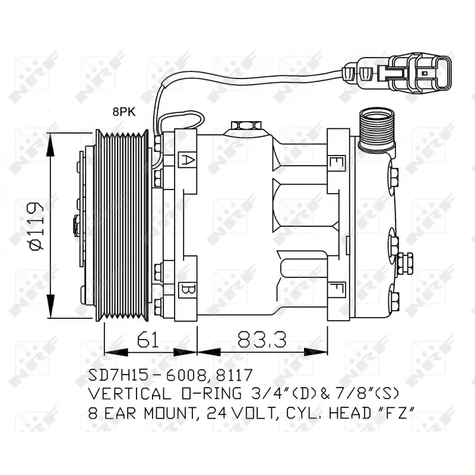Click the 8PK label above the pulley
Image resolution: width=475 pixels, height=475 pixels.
[x=123, y=111]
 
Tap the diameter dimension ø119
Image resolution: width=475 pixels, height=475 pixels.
[x=36, y=226]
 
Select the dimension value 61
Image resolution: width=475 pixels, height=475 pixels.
[x=149, y=340]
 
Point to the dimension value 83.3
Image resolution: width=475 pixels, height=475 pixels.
[x=262, y=340]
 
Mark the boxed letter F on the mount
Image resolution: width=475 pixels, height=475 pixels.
[x=336, y=290]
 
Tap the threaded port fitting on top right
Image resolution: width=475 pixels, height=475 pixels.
[x=375, y=129]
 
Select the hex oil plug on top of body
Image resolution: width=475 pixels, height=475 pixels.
[x=245, y=126]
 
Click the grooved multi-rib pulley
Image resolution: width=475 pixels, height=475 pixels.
[x=123, y=225]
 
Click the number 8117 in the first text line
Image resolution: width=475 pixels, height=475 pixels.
[x=232, y=375]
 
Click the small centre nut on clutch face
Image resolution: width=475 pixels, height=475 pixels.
[x=77, y=225]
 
